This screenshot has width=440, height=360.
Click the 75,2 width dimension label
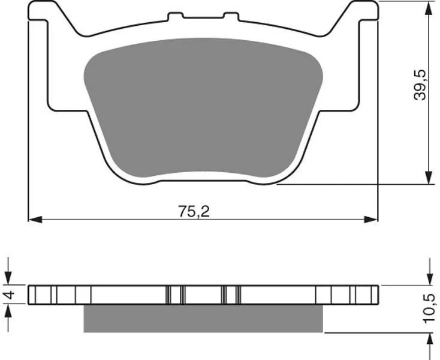(194, 212)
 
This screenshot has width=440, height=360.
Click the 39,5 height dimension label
(420, 85)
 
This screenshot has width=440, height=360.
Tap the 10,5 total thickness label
(430, 308)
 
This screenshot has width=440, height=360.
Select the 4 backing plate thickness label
(9, 295)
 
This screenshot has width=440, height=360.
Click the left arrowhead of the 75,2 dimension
(35, 220)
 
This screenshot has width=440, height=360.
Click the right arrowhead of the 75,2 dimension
(371, 220)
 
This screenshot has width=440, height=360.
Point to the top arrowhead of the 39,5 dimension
(429, 8)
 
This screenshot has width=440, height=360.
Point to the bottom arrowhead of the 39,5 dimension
(429, 178)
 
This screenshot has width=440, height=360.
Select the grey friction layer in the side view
(203, 319)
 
